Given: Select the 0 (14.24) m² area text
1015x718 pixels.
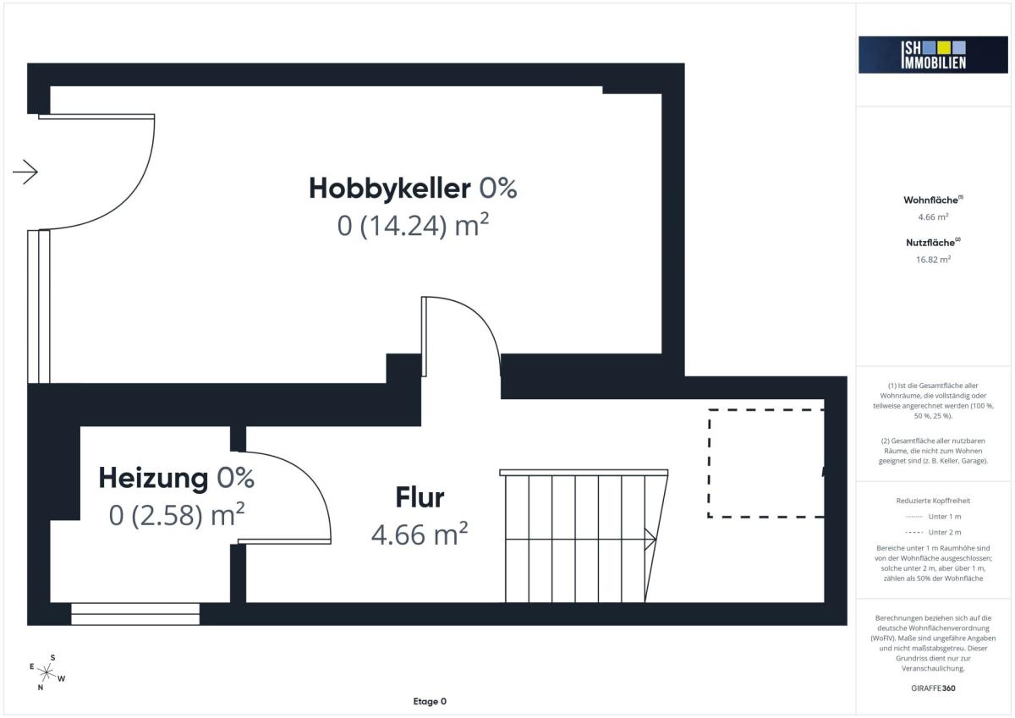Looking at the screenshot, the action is point(413,225).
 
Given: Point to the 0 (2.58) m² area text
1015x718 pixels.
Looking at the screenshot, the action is point(177,514).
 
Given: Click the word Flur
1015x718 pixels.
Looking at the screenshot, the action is point(420,497).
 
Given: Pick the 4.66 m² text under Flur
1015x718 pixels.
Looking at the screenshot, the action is point(420,534).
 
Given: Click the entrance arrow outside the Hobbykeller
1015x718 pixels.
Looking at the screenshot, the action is point(25,173).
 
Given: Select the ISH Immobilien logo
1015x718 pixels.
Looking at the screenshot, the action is point(933,55).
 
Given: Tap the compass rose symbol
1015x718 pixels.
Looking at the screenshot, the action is point(47,672).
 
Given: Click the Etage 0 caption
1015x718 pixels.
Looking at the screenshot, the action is point(430,701).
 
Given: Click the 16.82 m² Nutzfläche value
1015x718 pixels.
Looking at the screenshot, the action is point(933,260).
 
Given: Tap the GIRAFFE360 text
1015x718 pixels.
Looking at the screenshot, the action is point(933,688).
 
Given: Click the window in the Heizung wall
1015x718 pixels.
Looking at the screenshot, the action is point(135,614).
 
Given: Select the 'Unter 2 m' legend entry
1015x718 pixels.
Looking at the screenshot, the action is point(933,532).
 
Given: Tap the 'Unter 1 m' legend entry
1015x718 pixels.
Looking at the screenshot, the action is point(933,517).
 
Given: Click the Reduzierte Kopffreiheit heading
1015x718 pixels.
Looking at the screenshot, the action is point(933,501).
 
